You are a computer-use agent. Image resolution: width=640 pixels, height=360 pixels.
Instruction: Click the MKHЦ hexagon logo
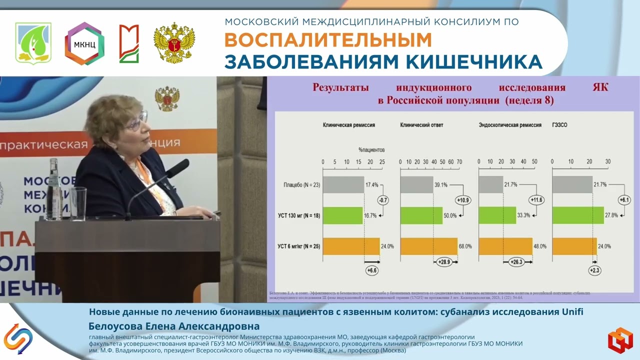pyautogui.click(x=84, y=43)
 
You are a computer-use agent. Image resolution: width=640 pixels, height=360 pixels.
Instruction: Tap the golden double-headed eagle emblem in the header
pyautogui.click(x=174, y=43)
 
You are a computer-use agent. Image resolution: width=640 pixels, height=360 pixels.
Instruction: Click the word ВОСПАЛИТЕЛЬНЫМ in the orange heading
pyautogui.click(x=327, y=40)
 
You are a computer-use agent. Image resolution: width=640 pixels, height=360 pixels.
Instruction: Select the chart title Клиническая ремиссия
pyautogui.click(x=349, y=125)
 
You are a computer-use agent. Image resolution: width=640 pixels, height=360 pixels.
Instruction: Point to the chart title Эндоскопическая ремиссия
pyautogui.click(x=510, y=125)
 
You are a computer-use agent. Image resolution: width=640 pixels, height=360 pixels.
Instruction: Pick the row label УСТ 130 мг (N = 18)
pyautogui.click(x=298, y=215)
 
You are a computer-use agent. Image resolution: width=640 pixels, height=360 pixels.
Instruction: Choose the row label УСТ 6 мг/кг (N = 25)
pyautogui.click(x=298, y=246)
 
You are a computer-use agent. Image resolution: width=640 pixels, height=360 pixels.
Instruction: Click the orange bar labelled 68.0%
pyautogui.click(x=428, y=246)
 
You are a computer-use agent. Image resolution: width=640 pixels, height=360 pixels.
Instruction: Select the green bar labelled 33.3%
pyautogui.click(x=497, y=215)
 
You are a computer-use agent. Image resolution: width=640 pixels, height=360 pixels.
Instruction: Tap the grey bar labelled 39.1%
pyautogui.click(x=416, y=184)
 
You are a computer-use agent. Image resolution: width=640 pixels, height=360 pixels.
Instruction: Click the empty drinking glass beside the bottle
pyautogui.click(x=78, y=203)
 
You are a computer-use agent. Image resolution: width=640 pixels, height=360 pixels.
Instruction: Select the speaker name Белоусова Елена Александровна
pyautogui.click(x=174, y=326)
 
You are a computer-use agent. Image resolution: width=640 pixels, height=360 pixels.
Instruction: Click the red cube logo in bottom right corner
pyautogui.click(x=620, y=339)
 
